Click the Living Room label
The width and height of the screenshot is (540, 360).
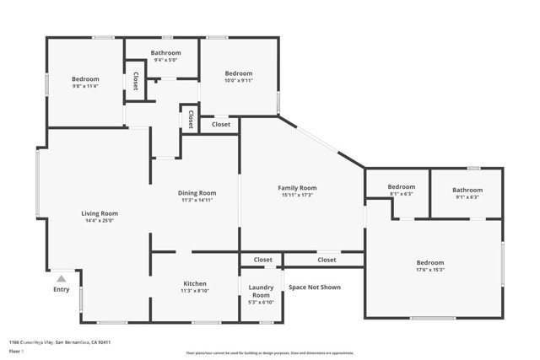(99, 213)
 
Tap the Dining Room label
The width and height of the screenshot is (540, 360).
(197, 192)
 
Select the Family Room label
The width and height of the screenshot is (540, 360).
(297, 187)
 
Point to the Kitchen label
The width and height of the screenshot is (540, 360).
(195, 283)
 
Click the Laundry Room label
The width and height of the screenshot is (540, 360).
(261, 291)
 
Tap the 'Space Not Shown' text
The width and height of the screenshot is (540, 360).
(315, 287)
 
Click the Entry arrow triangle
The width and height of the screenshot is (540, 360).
(61, 277)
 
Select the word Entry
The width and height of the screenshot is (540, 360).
(61, 289)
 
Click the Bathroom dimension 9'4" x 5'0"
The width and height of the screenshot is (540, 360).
(165, 60)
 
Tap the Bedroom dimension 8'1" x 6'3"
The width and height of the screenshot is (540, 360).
(401, 194)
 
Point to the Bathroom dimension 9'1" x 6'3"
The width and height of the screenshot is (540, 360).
(467, 197)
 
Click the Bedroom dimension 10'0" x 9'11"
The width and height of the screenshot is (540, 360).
(238, 81)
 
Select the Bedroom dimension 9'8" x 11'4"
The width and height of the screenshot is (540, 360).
(85, 86)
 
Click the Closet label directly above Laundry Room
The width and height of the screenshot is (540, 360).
(262, 260)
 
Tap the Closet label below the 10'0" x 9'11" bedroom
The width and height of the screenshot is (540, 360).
(220, 124)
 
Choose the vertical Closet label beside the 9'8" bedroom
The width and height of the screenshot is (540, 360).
(135, 80)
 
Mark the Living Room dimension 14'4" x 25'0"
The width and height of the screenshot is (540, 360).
(99, 221)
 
